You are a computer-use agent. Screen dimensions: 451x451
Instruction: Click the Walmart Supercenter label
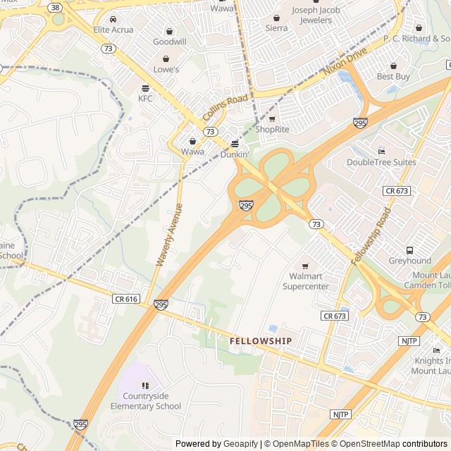(x=305, y=282)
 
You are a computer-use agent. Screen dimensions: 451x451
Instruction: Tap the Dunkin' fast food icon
(x=235, y=144)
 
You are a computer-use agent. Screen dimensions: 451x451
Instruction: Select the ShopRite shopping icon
(x=272, y=118)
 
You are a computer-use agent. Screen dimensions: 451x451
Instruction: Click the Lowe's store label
(x=166, y=70)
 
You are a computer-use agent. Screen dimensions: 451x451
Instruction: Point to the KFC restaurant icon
(x=145, y=88)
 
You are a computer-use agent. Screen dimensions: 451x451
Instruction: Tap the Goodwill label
(x=170, y=42)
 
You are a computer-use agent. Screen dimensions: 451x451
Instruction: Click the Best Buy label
(x=393, y=76)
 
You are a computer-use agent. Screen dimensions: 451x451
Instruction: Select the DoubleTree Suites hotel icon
(x=381, y=152)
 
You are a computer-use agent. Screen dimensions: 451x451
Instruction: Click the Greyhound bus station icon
(x=409, y=250)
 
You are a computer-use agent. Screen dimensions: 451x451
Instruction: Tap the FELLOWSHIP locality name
(x=260, y=341)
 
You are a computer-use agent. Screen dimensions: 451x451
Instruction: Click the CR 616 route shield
(x=125, y=299)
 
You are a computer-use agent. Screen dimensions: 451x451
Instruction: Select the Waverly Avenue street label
(x=169, y=235)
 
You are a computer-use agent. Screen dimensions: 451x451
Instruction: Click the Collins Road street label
(x=225, y=107)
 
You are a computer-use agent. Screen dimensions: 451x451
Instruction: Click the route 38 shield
(x=55, y=7)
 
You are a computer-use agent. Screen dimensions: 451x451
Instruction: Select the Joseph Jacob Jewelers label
(x=311, y=15)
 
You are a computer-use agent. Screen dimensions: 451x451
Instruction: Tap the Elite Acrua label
(x=113, y=30)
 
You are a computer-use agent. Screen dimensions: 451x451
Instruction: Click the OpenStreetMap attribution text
(x=364, y=444)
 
